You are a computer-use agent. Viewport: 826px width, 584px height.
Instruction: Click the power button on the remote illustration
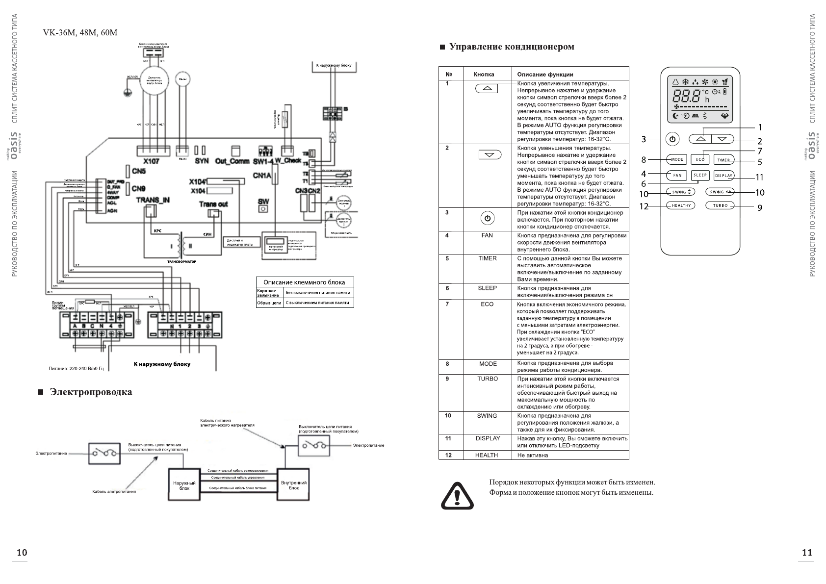[x=672, y=139]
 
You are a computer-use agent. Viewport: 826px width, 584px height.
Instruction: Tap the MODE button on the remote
[x=677, y=159]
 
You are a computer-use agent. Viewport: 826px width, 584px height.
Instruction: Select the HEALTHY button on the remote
[x=681, y=205]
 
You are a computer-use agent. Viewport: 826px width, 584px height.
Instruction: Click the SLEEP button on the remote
[x=700, y=175]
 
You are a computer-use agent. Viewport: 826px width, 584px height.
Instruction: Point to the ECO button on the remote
[x=700, y=159]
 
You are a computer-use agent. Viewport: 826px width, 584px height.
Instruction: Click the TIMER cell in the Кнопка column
[x=487, y=258]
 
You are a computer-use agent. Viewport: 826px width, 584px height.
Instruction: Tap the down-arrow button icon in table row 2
[x=490, y=155]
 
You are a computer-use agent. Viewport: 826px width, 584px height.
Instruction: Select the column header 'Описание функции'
[x=545, y=75]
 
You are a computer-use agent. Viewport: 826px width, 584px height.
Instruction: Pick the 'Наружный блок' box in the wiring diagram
[x=184, y=485]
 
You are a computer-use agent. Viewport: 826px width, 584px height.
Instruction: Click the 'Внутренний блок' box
[x=293, y=485]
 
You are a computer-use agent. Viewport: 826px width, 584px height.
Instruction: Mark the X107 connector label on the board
[x=151, y=161]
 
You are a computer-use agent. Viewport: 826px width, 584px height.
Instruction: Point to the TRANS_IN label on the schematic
[x=153, y=200]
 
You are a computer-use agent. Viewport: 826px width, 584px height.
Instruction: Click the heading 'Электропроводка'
[x=91, y=392]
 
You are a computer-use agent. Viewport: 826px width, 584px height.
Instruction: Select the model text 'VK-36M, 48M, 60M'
[x=80, y=33]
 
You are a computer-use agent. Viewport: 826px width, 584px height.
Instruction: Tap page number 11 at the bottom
[x=807, y=553]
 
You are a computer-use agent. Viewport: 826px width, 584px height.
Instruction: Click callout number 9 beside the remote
[x=759, y=208]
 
